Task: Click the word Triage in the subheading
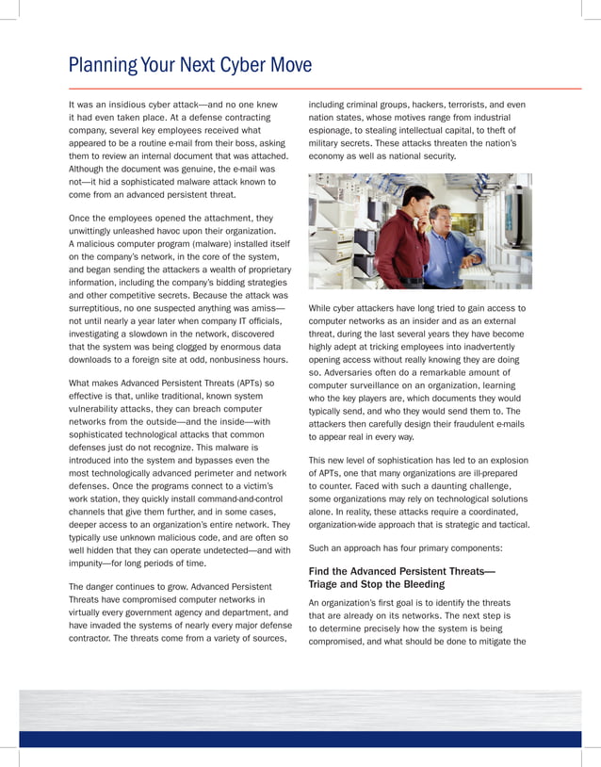pos(326,584)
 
